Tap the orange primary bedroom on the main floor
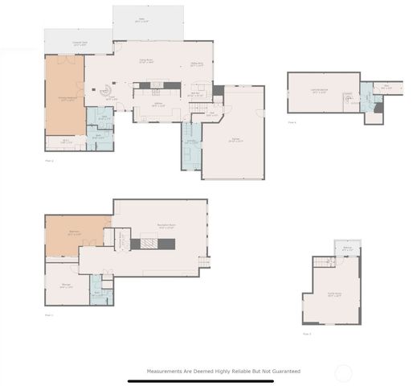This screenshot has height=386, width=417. tap(64, 95)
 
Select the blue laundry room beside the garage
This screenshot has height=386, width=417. tap(191, 146)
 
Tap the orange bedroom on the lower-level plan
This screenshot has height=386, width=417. tap(75, 234)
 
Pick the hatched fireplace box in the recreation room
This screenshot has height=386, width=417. tap(149, 242)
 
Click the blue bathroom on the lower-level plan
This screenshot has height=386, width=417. tap(99, 292)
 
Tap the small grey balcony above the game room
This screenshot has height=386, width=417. tap(346, 248)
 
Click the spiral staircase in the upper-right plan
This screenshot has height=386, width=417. tap(350, 98)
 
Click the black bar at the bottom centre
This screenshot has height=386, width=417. tap(208, 381)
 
